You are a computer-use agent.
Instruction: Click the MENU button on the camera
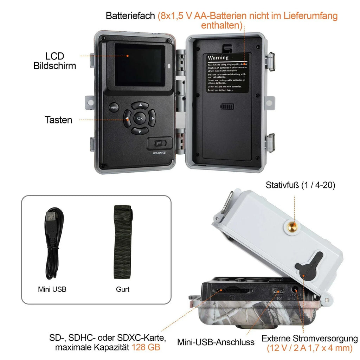tap(114, 108)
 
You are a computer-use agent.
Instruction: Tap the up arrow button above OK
tap(140, 105)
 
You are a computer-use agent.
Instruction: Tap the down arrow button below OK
tap(140, 131)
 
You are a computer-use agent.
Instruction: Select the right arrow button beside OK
tap(152, 118)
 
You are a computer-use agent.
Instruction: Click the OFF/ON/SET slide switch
tap(160, 143)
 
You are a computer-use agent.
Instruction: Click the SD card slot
tap(232, 290)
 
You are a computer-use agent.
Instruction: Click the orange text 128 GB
tap(146, 347)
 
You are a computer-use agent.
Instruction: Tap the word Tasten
tap(58, 120)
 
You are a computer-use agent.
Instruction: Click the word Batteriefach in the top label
tap(130, 16)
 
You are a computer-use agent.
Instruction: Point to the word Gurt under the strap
tap(123, 289)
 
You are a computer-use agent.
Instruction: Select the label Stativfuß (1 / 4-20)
tap(301, 185)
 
